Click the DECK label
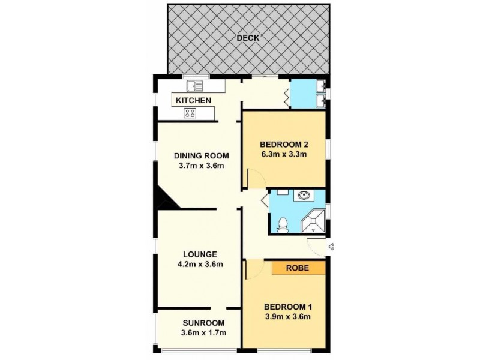(x=247, y=38)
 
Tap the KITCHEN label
(x=193, y=100)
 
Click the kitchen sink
(x=195, y=86)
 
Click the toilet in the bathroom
(x=282, y=224)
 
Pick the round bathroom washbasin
(x=304, y=194)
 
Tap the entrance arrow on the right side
(x=331, y=246)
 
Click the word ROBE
(x=298, y=268)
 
